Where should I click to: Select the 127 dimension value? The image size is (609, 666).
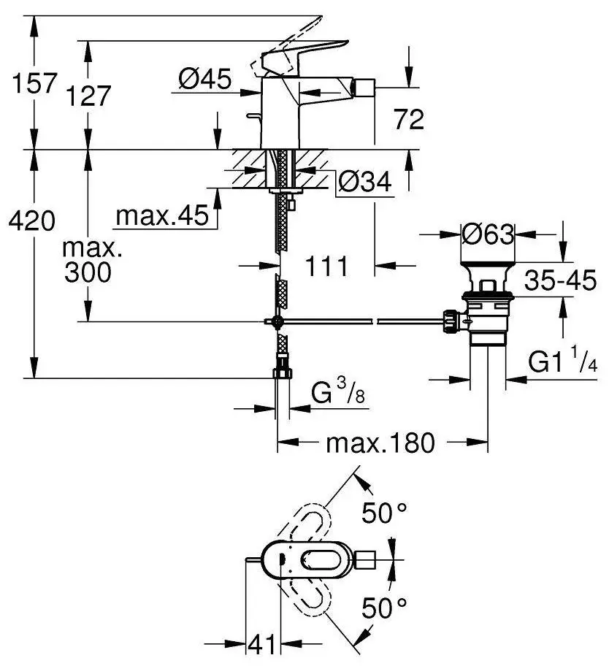point(89,96)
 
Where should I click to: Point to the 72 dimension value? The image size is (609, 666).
point(408,119)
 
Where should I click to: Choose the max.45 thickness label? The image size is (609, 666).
point(162,215)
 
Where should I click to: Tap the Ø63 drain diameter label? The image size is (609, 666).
point(489,235)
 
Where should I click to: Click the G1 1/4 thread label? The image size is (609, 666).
point(563,364)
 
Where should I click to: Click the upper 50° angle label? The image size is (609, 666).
point(385,513)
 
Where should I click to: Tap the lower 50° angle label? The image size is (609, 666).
point(385,607)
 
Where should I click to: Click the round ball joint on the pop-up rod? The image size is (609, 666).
point(277,321)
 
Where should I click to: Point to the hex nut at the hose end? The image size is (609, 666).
point(282,374)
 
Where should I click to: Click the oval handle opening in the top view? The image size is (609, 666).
point(324,560)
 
